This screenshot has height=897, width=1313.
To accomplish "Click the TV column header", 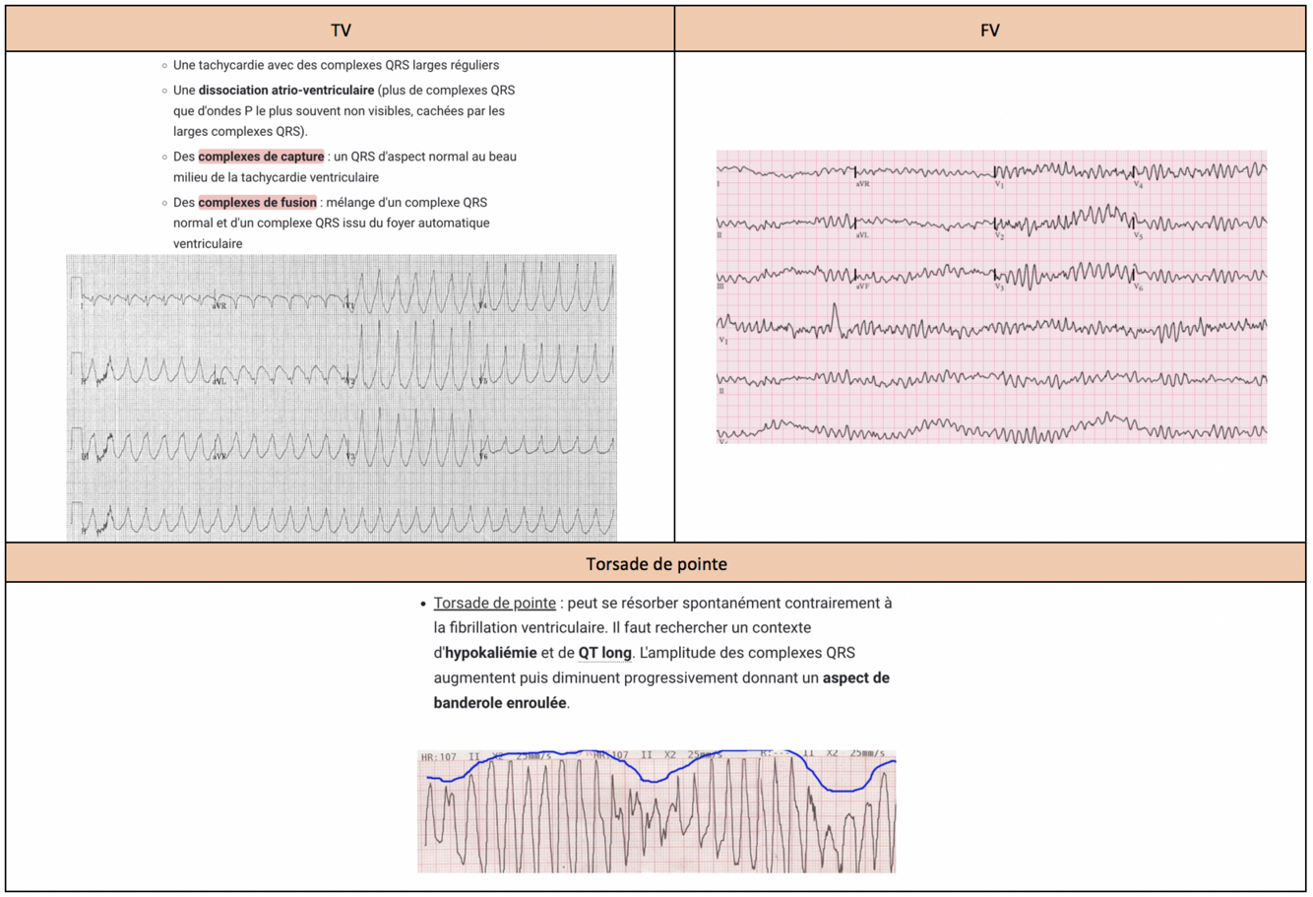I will click(x=341, y=31).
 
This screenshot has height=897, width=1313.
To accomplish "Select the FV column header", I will click(x=989, y=31).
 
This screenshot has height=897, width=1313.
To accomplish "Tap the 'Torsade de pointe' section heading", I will click(x=656, y=564).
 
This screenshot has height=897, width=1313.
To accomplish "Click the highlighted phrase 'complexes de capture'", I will click(x=261, y=157).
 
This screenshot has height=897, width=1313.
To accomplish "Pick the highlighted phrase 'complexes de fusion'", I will click(x=257, y=203).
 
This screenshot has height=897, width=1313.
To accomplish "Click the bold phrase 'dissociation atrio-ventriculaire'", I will click(x=286, y=91).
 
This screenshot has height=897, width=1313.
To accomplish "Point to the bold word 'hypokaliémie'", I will click(x=491, y=653).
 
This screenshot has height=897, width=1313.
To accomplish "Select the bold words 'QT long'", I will click(x=604, y=653).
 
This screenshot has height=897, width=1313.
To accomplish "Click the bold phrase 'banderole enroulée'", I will click(x=500, y=703).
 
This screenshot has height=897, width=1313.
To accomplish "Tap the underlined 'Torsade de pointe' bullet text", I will click(x=494, y=603).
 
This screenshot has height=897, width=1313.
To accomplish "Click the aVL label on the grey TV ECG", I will click(x=219, y=380).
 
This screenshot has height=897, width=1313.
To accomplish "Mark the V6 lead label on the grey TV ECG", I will click(x=483, y=457).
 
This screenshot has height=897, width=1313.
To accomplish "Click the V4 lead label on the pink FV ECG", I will click(x=1139, y=184).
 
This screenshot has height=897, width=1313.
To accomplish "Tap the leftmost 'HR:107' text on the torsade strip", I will click(x=439, y=757).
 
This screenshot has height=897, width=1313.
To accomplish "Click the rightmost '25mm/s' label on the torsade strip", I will click(x=866, y=753).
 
